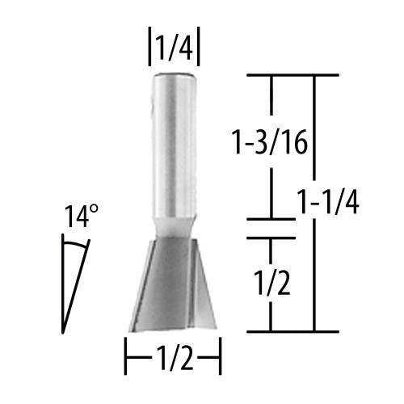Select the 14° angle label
[x=82, y=217]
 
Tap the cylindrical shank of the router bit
[x=173, y=145]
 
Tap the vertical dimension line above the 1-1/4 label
[x=314, y=129]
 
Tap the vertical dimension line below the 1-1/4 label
[x=314, y=275]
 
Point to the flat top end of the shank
[x=173, y=74]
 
